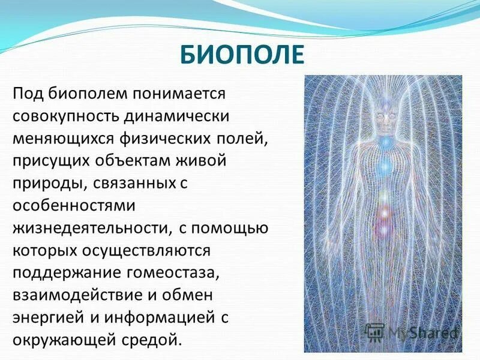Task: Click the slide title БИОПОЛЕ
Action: pos(242,56)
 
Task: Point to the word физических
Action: pos(173,139)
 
